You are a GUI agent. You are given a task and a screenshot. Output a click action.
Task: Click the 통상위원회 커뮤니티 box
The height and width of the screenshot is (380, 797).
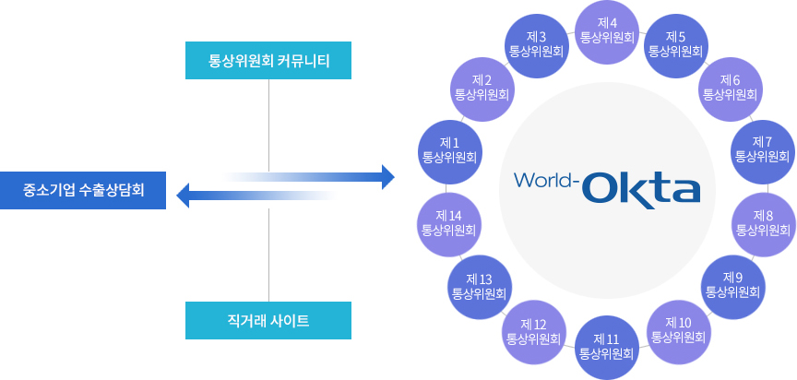click(268, 61)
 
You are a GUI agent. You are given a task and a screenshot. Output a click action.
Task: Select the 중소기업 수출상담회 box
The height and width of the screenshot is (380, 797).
click(83, 191)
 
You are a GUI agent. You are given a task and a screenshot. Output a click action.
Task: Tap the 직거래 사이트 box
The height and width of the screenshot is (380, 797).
click(268, 321)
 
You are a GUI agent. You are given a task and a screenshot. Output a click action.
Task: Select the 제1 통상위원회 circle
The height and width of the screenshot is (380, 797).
click(449, 149)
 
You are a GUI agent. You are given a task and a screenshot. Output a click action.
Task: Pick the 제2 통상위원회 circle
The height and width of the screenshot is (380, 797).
click(482, 87)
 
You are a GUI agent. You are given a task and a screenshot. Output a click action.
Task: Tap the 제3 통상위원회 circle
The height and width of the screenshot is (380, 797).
click(538, 43)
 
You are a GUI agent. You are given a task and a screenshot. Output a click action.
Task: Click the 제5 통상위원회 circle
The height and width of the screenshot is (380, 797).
click(675, 43)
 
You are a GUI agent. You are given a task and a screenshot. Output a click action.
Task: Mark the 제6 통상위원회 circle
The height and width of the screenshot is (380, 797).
click(730, 87)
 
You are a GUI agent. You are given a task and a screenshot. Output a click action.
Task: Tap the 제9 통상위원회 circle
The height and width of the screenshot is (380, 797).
click(732, 285)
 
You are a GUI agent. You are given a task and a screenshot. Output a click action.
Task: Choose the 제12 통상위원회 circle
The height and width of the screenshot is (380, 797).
click(534, 331)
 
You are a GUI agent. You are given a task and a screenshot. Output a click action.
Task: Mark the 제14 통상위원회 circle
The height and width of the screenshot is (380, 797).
click(448, 222)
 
